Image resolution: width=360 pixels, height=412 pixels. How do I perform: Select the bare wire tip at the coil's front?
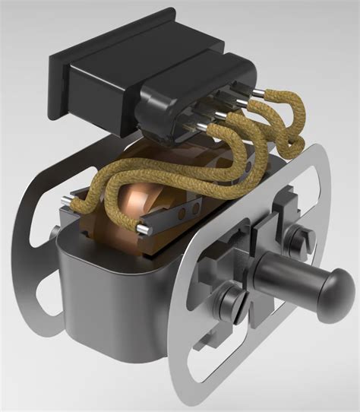point(143,227)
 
